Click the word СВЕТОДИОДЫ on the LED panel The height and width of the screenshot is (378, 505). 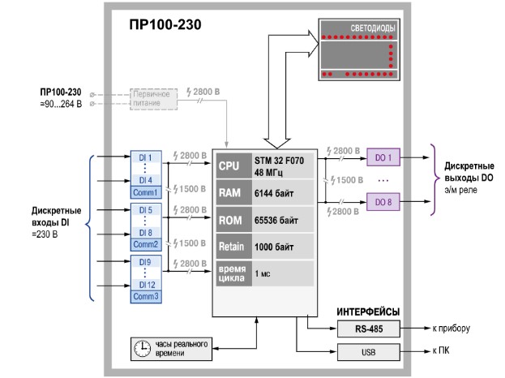(x=372, y=28)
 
